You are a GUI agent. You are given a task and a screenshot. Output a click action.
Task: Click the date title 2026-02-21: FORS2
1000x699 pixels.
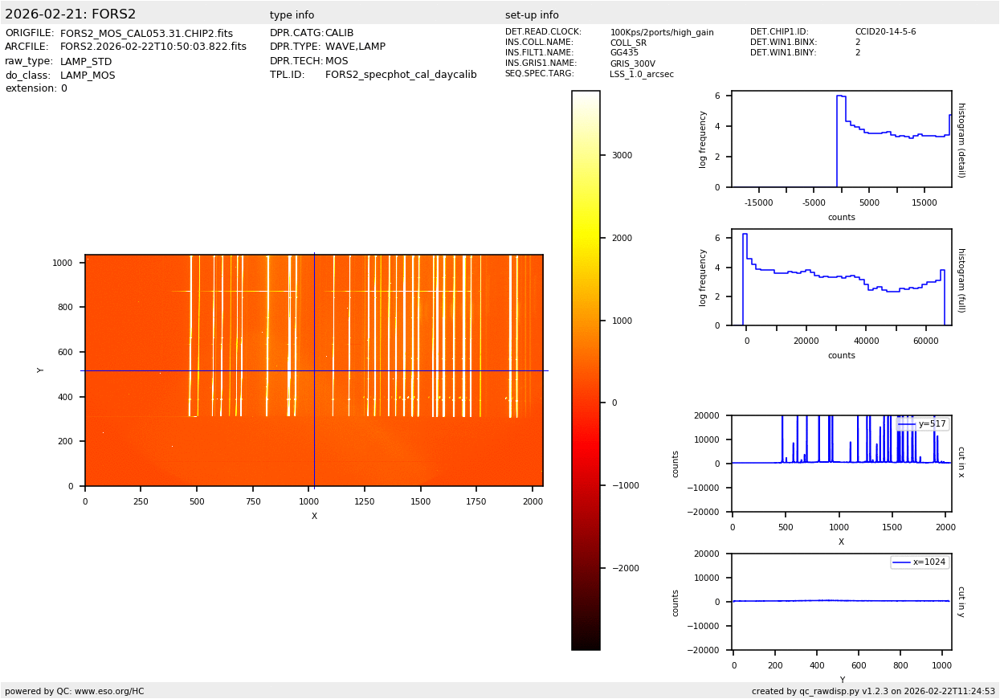pos(71,14)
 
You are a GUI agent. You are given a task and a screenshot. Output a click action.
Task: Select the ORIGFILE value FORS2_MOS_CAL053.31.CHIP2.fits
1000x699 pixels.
pos(146,34)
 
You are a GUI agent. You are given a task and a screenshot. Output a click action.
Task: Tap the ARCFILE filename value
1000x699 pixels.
pos(153,47)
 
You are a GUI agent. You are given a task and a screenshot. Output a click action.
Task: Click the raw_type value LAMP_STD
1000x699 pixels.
pos(86,62)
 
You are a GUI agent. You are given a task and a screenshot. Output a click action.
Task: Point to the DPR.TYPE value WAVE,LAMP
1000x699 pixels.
pos(355,47)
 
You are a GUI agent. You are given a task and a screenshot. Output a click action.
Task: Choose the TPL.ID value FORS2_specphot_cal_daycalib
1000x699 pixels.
pos(401,76)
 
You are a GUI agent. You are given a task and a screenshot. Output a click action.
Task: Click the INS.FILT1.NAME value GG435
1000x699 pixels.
pos(624,53)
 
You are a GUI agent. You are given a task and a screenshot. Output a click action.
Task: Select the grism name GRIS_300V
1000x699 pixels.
pos(632,63)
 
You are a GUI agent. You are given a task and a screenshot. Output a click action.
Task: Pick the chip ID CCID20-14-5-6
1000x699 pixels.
pos(885,32)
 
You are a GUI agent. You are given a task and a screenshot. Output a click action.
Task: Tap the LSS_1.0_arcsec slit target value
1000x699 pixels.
pos(642,74)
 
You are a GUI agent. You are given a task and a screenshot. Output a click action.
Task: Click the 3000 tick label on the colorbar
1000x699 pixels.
pos(622,156)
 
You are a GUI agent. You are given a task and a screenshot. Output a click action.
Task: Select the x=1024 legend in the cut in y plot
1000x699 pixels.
pos(920,562)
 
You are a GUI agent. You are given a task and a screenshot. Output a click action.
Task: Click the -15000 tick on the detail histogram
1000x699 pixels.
pos(759,203)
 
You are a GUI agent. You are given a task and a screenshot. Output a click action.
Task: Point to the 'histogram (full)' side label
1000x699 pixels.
pos(961,280)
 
